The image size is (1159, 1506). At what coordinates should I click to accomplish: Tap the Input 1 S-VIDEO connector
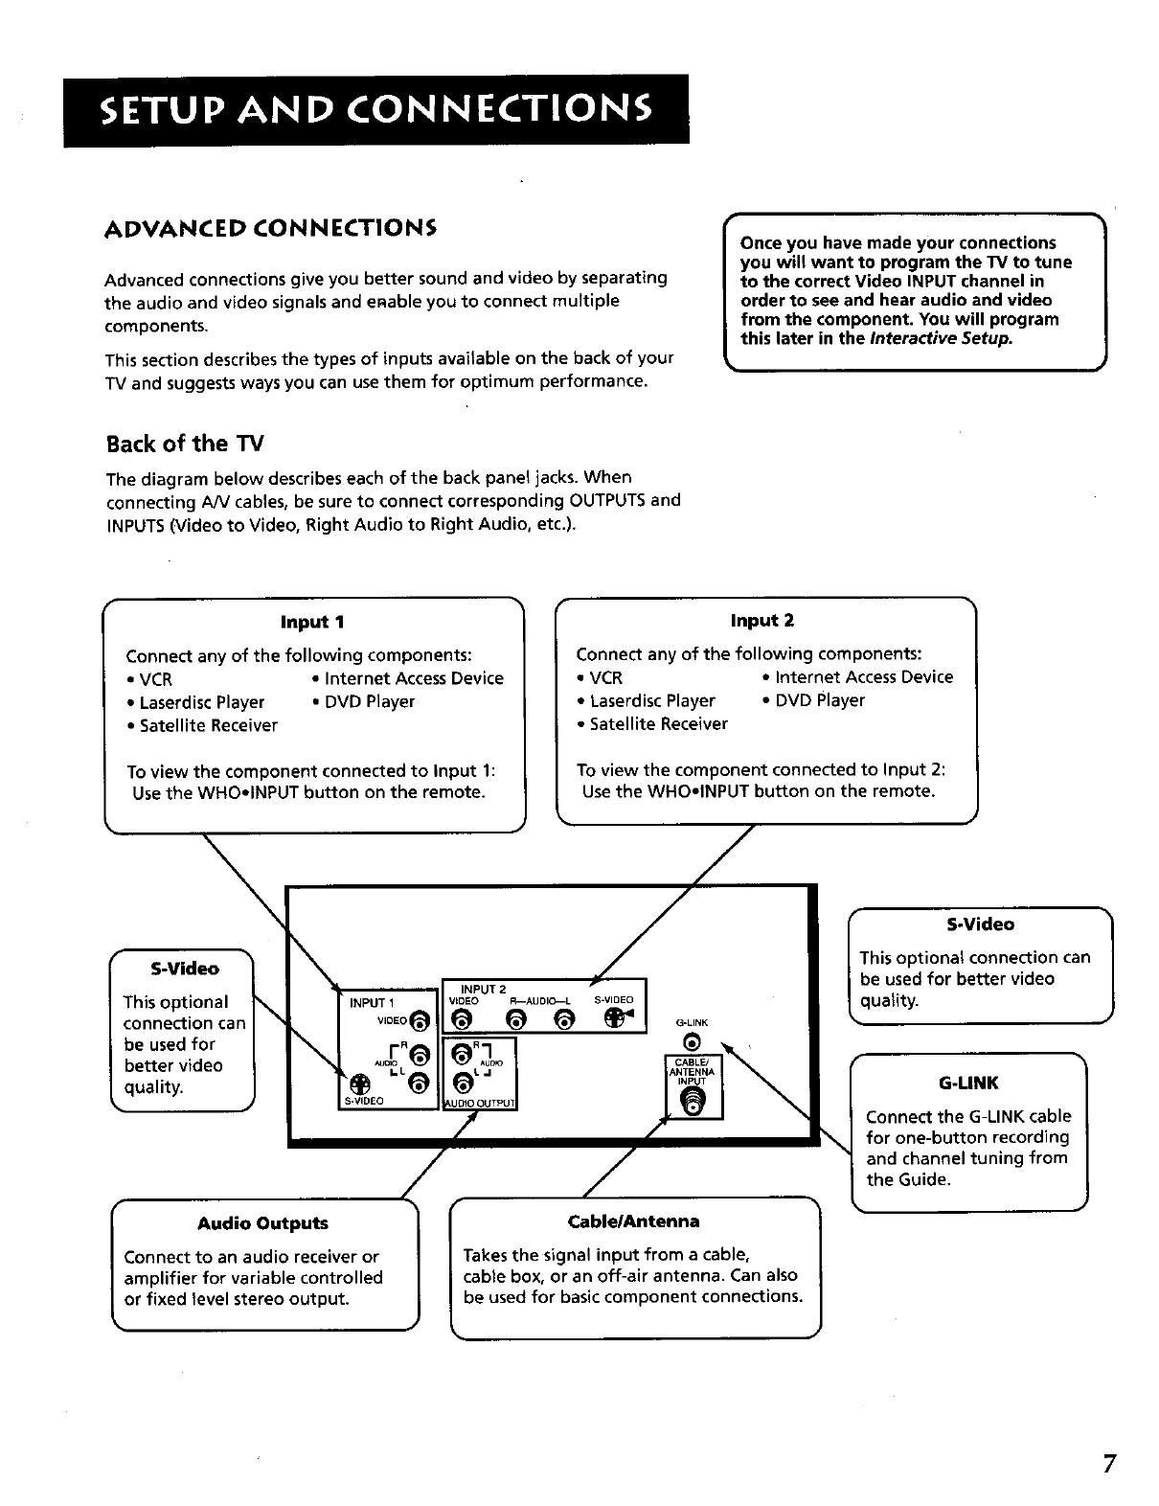356,1084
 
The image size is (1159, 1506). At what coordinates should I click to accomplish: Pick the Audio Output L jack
462,1084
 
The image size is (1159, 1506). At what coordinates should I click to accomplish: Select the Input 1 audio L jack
418,1084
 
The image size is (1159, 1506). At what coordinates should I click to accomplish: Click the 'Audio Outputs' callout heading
262,1223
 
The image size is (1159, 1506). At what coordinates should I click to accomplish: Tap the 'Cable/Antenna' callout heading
633,1221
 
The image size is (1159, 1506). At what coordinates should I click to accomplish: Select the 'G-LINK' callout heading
968,1084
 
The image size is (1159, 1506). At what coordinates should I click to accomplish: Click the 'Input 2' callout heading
762,621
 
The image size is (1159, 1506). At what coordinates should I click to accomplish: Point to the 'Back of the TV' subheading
184,444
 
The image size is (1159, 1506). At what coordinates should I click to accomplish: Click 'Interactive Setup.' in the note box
940,338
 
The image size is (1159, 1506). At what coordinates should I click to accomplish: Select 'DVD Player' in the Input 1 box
370,701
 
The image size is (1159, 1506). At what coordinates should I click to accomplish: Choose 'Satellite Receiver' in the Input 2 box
658,724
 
